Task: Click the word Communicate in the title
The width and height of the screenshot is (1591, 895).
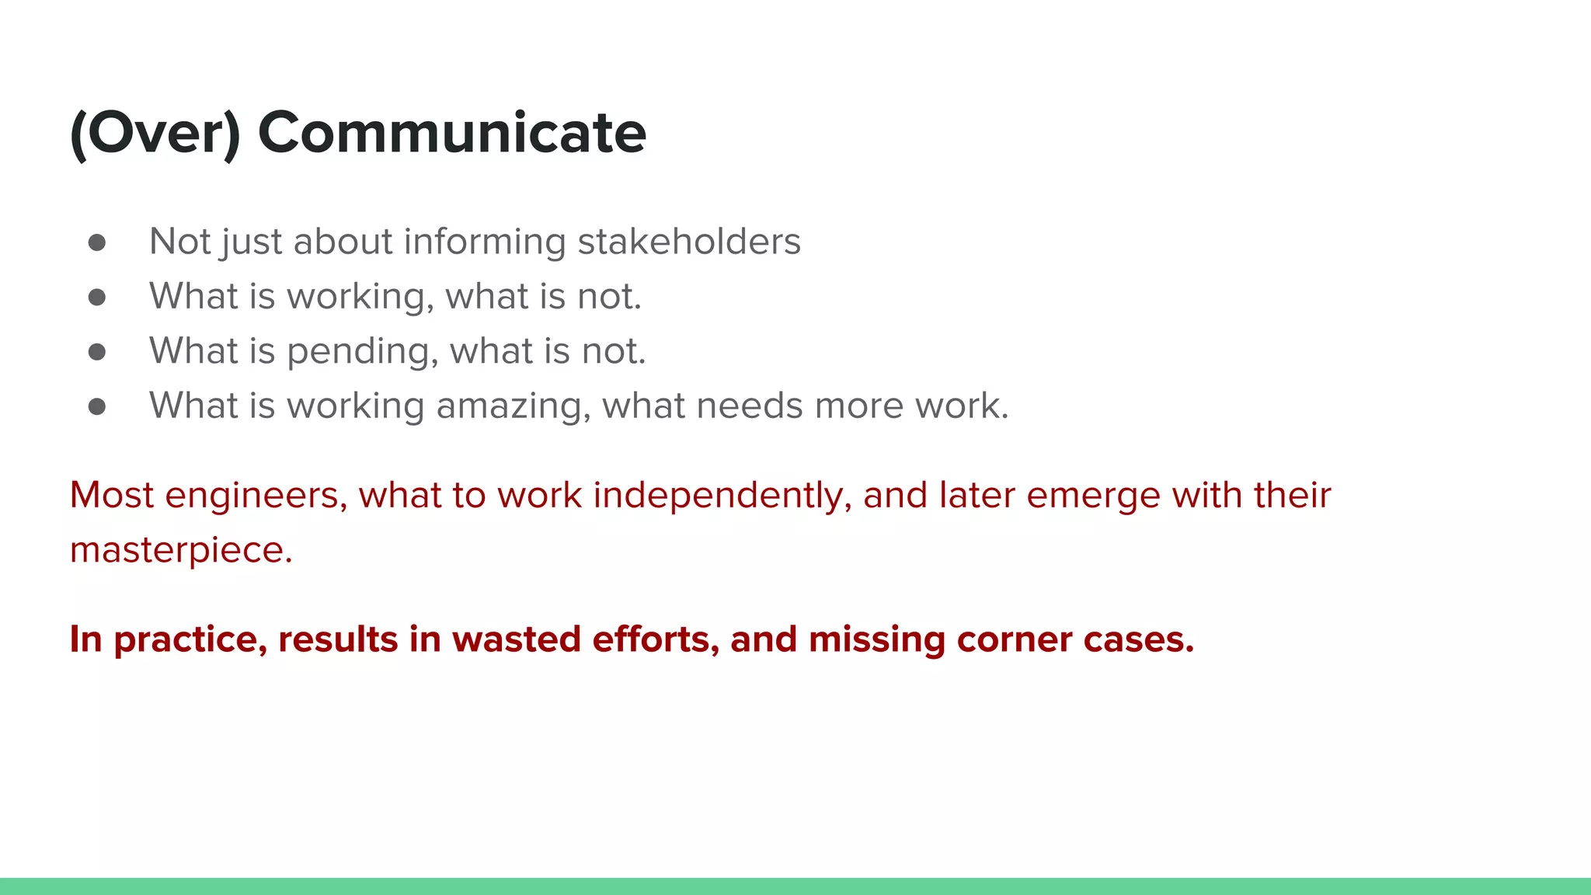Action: (451, 132)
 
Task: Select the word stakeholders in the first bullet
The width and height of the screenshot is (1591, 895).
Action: (689, 241)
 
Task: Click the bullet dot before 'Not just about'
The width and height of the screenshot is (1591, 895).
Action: (97, 242)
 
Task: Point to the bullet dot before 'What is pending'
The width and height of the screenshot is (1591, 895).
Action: (97, 352)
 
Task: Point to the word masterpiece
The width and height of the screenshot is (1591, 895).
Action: (180, 550)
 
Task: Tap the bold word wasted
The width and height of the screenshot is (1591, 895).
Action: (516, 639)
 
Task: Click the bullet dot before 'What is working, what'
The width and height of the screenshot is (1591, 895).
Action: (97, 297)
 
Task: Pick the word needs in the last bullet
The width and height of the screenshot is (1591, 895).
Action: (749, 406)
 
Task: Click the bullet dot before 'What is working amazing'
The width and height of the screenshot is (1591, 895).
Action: (97, 406)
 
